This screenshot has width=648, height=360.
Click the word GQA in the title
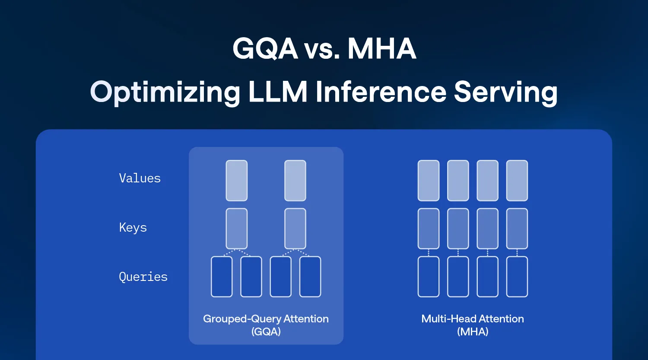(x=265, y=48)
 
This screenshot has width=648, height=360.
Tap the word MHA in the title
(x=381, y=48)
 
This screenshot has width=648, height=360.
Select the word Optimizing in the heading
(x=165, y=92)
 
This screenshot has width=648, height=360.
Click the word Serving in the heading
(x=506, y=92)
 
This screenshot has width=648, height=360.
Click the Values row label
(x=140, y=178)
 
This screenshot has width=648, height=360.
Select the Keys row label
(x=133, y=228)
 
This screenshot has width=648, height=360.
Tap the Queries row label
(x=143, y=277)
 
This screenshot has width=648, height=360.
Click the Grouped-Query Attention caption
(x=266, y=319)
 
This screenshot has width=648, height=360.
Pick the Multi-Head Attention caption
(x=473, y=319)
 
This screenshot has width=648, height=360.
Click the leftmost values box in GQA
(x=237, y=181)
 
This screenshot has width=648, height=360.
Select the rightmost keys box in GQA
(x=295, y=229)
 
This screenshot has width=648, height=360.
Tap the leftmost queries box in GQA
(x=222, y=277)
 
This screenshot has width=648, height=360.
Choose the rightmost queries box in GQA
(x=310, y=277)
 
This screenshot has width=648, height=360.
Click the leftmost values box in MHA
(x=429, y=181)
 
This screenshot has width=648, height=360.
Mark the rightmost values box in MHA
(x=517, y=181)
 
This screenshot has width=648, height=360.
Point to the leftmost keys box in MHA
(x=429, y=229)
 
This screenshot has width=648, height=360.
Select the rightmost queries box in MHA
(x=517, y=277)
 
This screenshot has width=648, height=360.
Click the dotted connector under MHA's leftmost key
(x=429, y=253)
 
